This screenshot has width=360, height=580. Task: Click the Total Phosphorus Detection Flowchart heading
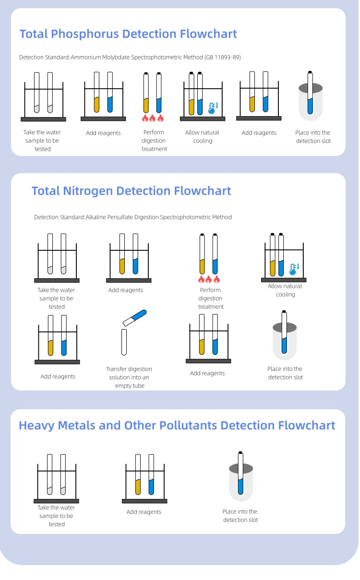pos(128,34)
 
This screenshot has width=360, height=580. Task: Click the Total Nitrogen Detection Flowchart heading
pos(131,191)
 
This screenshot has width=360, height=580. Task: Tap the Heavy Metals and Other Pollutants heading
pos(177,426)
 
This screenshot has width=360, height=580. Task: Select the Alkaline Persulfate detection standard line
pos(133,217)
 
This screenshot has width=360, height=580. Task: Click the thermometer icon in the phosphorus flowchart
pos(212,108)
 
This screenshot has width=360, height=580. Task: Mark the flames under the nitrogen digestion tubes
pos(209,279)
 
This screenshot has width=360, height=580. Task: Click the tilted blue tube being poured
pos(134,317)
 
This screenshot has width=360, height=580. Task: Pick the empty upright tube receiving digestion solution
pos(124,342)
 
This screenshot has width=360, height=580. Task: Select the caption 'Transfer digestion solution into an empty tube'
pos(129,377)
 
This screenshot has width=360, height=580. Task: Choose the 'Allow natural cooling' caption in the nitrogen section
pos(285,290)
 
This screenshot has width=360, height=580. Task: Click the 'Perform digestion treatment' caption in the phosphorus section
pos(154,141)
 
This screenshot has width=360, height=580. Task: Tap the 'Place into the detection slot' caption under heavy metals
pos(240,516)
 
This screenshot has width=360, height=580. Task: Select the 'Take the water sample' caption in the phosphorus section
pos(42,141)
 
